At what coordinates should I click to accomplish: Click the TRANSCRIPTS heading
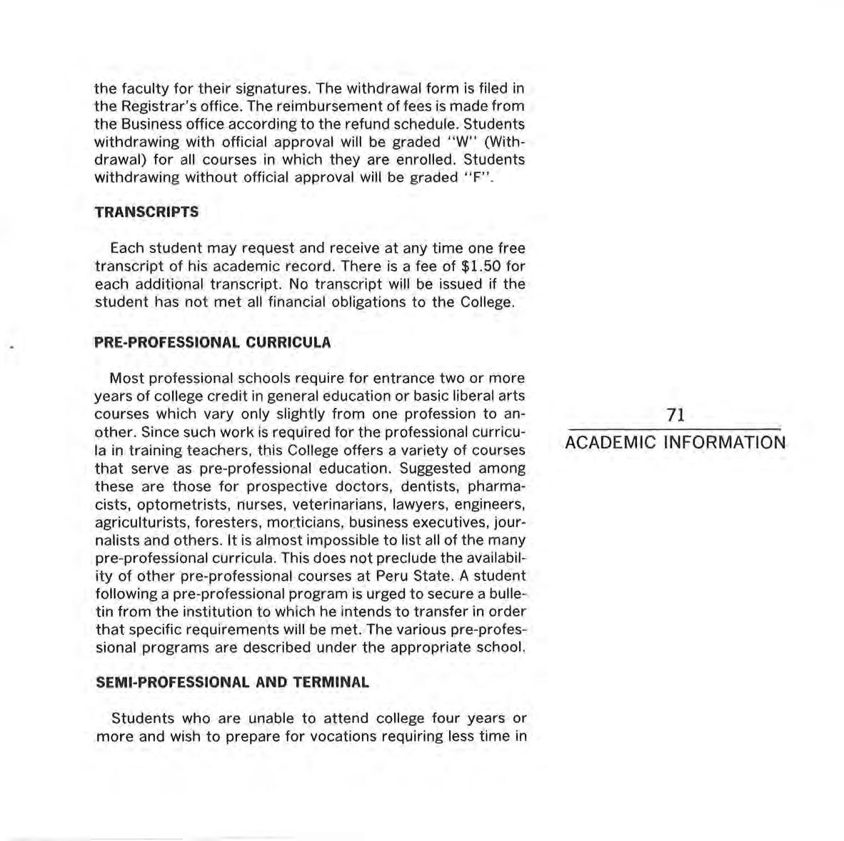click(x=146, y=212)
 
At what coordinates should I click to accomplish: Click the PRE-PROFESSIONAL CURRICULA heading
click(x=213, y=342)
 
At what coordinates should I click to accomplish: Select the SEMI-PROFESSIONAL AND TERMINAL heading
click(x=232, y=682)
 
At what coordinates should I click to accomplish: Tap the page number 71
click(x=675, y=415)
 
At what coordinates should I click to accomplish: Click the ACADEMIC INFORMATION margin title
click(x=675, y=443)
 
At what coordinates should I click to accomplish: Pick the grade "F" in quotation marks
click(x=475, y=177)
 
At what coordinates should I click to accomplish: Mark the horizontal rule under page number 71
click(x=675, y=429)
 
